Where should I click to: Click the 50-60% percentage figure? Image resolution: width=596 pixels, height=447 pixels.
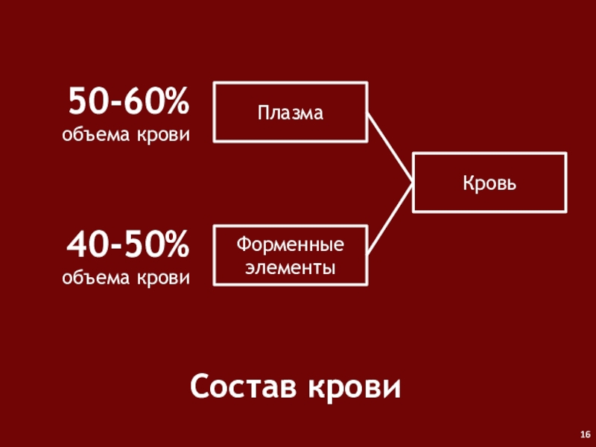point(129,101)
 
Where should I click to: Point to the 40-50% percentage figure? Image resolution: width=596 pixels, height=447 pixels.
point(129,244)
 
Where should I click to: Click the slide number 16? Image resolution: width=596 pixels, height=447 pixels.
point(585,434)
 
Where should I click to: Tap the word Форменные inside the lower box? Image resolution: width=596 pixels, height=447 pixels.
point(291,244)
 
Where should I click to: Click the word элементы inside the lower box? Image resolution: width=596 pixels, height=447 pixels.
point(291,265)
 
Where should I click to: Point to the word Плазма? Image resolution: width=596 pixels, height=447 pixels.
point(291,113)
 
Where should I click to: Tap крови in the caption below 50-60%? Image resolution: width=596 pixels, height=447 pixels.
point(162,136)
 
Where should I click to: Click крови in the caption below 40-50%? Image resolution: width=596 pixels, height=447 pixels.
point(162,278)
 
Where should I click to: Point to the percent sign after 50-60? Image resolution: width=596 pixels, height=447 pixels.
point(174,101)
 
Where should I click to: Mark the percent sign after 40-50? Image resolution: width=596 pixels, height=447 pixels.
point(174,244)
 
